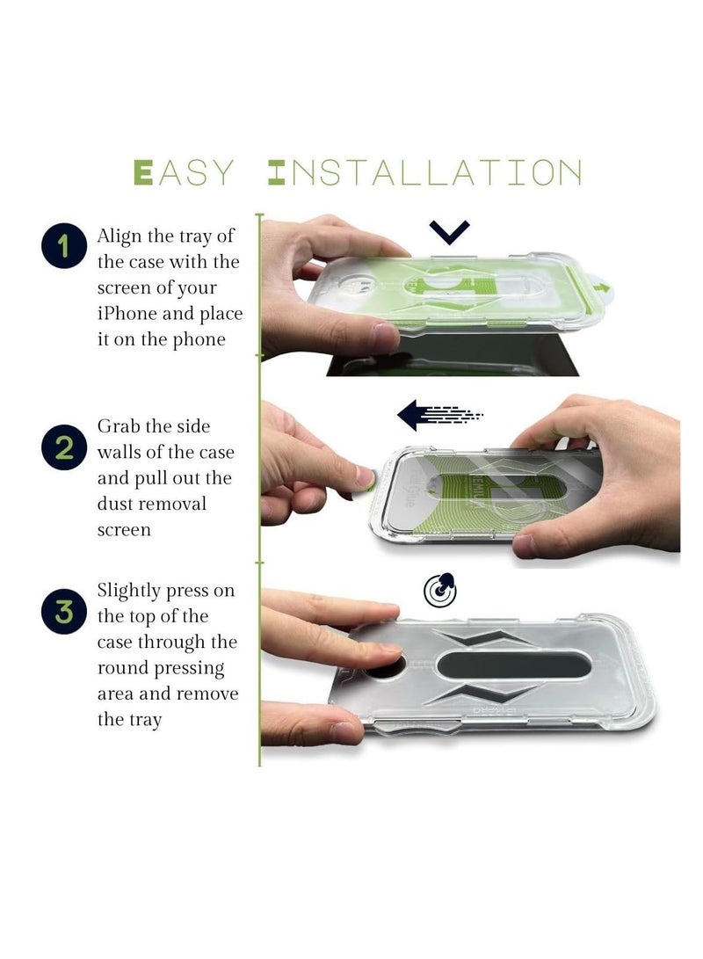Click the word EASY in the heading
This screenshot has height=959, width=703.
(184, 172)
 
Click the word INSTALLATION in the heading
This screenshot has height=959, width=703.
(424, 172)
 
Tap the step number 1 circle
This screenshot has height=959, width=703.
(63, 245)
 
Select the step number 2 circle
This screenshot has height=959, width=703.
(63, 447)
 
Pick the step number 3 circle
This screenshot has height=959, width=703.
(63, 611)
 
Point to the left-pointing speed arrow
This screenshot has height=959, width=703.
(439, 415)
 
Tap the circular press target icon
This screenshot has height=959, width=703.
(440, 590)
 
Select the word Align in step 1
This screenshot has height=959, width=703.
(120, 236)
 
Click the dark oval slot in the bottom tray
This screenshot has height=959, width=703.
(514, 665)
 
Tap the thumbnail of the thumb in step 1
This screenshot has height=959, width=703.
(385, 336)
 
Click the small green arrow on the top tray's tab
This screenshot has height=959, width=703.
(603, 287)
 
